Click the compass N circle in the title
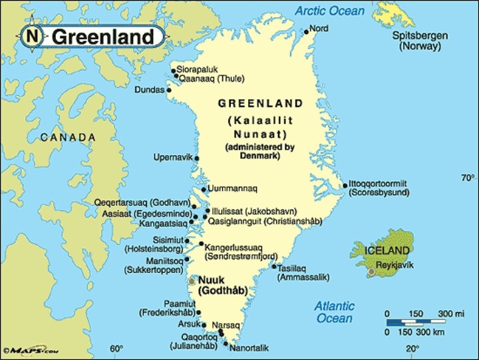[33, 36]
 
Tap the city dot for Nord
[306, 31]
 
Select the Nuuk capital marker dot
[192, 281]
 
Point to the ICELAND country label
[387, 250]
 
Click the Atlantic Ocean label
[334, 312]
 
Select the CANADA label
[68, 137]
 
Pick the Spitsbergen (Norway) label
[419, 41]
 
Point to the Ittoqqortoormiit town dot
[345, 186]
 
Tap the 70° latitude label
[468, 178]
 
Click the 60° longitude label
[116, 349]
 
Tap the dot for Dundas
[168, 89]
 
